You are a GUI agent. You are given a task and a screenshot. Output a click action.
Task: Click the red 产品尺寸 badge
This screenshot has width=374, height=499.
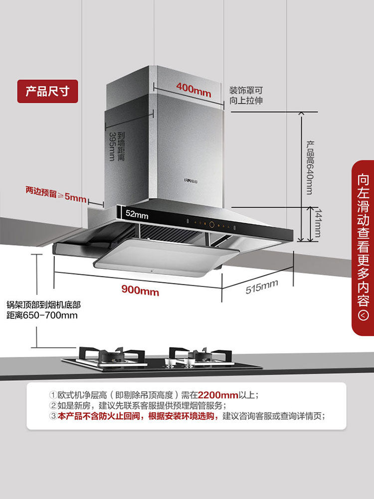coord(48,91)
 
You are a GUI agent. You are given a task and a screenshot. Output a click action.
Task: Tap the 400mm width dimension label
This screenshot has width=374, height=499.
coord(193,90)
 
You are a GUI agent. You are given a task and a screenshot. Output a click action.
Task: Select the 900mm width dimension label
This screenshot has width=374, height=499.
coord(140,290)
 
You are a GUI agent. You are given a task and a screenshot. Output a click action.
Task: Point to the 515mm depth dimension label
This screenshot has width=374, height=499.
coord(262,286)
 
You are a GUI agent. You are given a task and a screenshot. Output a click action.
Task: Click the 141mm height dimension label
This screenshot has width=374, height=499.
coord(317,224)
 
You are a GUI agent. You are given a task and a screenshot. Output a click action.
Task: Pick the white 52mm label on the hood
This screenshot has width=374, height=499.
coord(137,214)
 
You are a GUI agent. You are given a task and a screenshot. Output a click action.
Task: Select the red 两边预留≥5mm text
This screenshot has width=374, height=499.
coord(56,196)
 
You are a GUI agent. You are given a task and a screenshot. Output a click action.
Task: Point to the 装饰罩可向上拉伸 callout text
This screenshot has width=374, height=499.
coord(246,95)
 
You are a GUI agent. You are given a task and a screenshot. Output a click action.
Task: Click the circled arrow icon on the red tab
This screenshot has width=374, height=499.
coord(364,315)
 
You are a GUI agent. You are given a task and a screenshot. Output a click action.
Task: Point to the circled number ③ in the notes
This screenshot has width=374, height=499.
coord(53,416)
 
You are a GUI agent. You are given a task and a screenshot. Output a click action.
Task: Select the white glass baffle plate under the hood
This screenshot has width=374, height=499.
coord(165,254)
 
